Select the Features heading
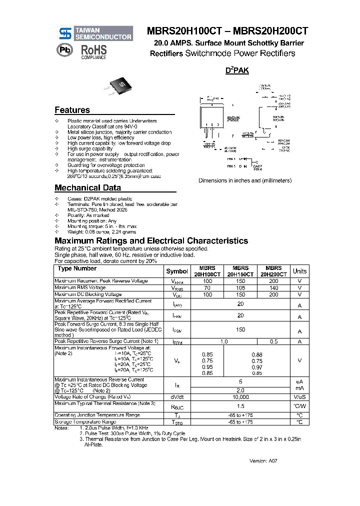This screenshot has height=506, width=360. pyautogui.click(x=72, y=110)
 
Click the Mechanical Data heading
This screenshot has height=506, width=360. pyautogui.click(x=87, y=188)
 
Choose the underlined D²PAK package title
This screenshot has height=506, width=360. pyautogui.click(x=237, y=71)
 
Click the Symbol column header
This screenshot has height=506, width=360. pyautogui.click(x=177, y=271)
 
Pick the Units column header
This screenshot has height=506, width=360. pyautogui.click(x=299, y=271)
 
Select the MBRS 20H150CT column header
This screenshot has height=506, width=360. pyautogui.click(x=240, y=271)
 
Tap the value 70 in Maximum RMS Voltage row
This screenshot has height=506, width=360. pyautogui.click(x=207, y=288)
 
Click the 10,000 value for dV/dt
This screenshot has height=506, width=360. pyautogui.click(x=240, y=397)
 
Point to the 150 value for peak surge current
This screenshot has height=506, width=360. pyautogui.click(x=240, y=330)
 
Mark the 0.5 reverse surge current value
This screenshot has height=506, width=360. pyautogui.click(x=273, y=341)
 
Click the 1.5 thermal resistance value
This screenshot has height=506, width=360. pyautogui.click(x=240, y=406)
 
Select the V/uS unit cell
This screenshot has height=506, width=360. pyautogui.click(x=299, y=397)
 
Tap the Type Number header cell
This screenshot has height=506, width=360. pyautogui.click(x=78, y=269)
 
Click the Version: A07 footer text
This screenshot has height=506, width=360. pyautogui.click(x=263, y=460)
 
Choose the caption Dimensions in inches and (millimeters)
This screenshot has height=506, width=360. pyautogui.click(x=244, y=180)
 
